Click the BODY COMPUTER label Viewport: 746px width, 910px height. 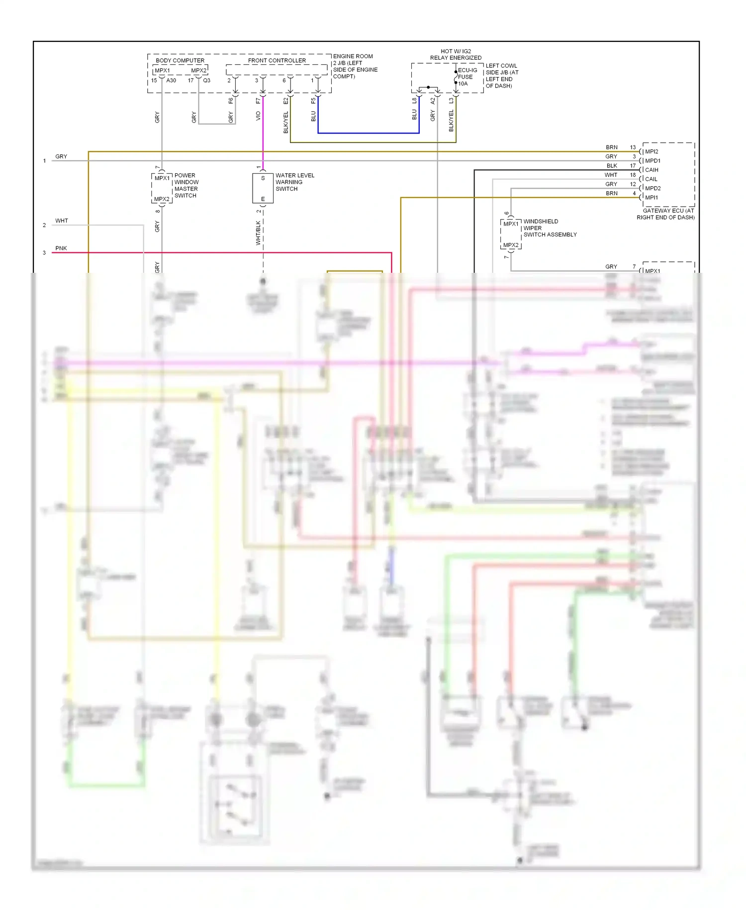pos(180,60)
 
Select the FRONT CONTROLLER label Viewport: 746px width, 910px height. pos(277,60)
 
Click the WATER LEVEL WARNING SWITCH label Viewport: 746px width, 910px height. pos(294,182)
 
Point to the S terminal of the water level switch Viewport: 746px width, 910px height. pos(263,178)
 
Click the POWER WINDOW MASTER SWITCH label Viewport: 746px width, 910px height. pos(186,185)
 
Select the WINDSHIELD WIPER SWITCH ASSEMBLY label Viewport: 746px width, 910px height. pos(549,228)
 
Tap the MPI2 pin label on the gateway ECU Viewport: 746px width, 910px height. pos(651,151)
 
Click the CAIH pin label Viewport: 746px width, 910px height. pos(651,170)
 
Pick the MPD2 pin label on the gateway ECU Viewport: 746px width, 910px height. pos(652,188)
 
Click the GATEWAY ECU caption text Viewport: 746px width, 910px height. pos(666,214)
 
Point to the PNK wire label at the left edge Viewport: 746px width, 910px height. pos(61,248)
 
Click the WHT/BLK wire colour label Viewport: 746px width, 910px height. pos(258,233)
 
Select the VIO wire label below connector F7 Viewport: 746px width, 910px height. pos(258,115)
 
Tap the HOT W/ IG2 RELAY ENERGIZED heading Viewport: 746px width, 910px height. pos(456,54)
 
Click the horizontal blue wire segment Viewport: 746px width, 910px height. pos(368,133)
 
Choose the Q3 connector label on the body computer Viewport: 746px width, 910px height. pos(206,80)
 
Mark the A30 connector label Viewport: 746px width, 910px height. pos(171,80)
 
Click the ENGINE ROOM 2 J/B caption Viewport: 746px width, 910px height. pos(355,66)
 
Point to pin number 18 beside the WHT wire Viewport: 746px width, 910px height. pos(633,175)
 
